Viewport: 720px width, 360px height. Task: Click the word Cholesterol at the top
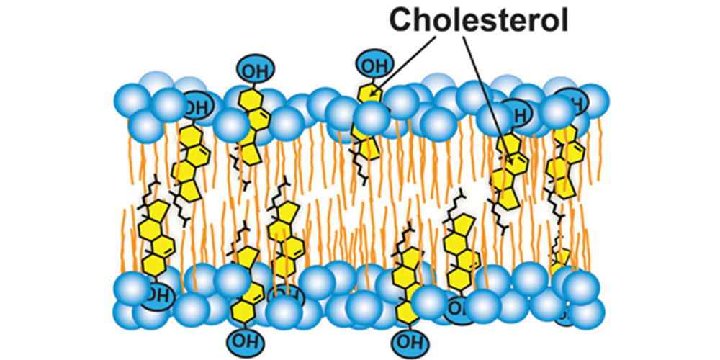point(479,19)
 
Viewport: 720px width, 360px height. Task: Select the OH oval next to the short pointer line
point(372,66)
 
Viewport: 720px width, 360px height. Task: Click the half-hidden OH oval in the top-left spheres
point(194,107)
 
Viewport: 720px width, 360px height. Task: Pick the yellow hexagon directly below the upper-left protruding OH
point(250,101)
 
